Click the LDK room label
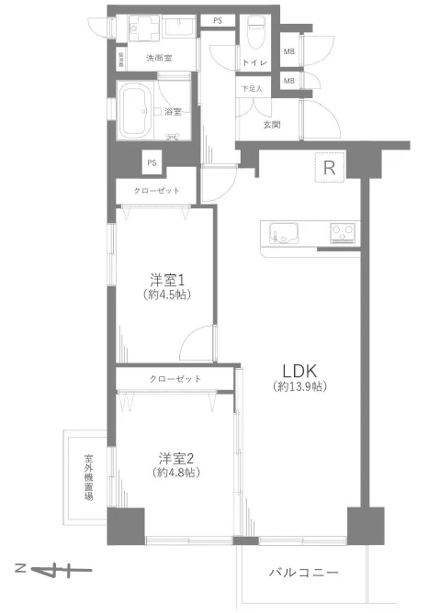299,372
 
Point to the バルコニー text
304,572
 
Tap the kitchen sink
280,233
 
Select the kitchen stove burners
345,233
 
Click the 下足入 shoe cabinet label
251,89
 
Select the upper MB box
289,51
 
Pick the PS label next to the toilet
218,20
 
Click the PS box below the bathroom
149,162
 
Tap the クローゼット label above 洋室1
156,191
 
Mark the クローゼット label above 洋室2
175,378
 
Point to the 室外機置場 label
89,477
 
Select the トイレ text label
254,62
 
